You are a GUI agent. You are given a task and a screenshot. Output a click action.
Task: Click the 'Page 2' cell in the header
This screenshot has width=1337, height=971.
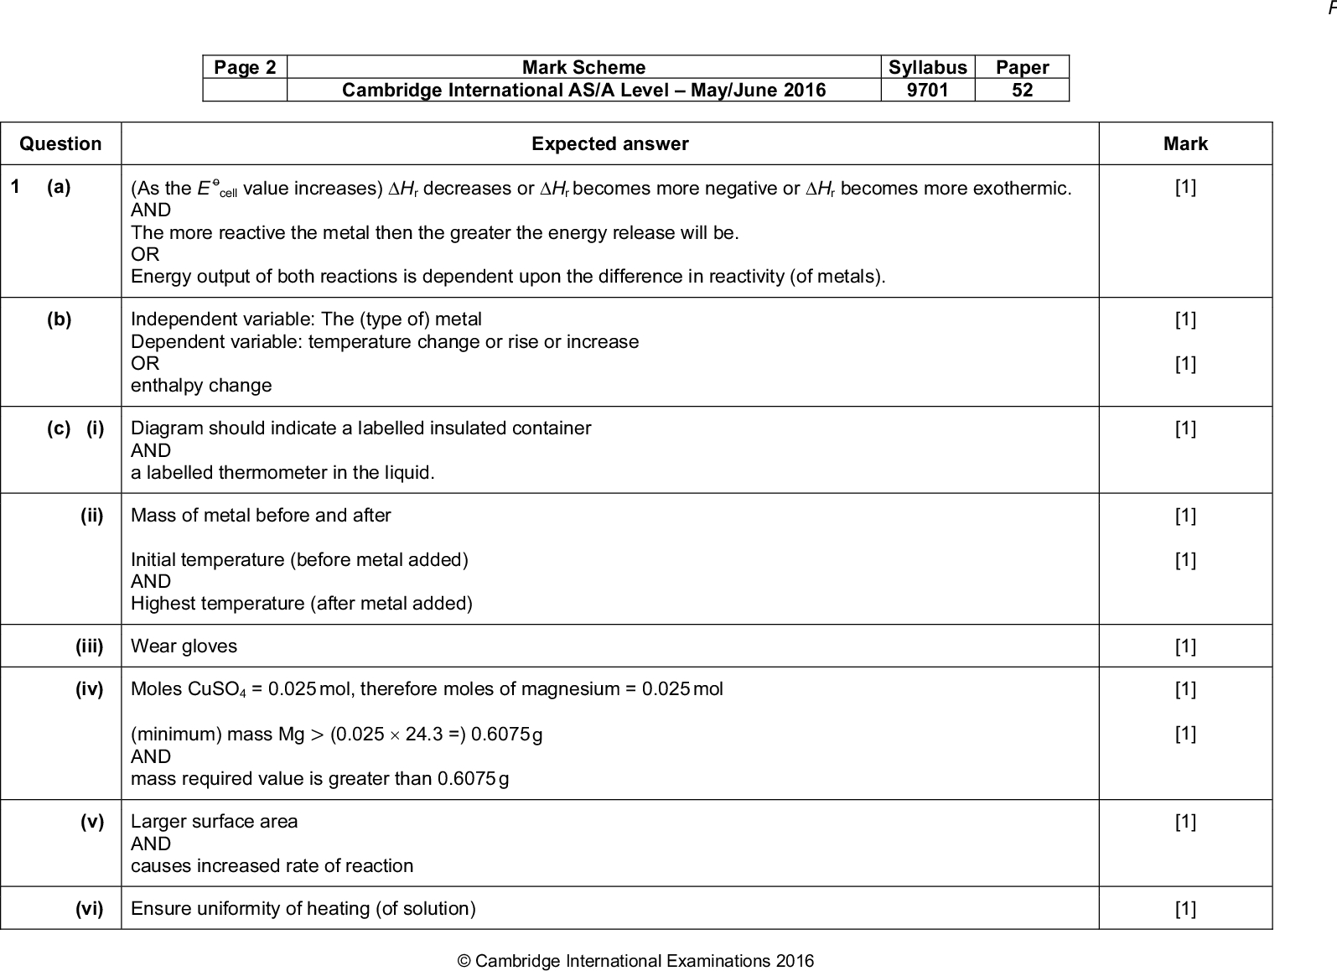tap(245, 68)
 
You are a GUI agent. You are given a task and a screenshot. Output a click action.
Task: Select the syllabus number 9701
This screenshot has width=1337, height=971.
tap(927, 90)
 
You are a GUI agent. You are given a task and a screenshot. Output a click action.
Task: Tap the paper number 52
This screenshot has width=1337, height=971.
tap(1022, 90)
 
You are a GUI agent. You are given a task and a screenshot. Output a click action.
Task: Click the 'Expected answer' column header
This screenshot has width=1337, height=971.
tap(609, 144)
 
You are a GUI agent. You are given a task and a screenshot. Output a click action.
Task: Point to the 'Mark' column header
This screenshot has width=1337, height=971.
tap(1185, 144)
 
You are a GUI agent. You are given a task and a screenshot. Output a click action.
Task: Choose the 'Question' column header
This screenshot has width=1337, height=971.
tap(60, 144)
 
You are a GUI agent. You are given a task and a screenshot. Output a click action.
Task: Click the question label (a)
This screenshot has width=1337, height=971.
tap(59, 187)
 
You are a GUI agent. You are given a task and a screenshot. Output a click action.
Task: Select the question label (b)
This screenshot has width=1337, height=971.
tap(59, 319)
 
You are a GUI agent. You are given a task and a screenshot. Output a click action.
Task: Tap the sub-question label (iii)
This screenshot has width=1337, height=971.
tap(89, 646)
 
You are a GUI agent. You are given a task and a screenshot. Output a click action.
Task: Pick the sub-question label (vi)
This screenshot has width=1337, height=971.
tap(89, 909)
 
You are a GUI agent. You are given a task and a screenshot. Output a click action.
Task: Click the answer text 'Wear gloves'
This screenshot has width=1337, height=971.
tap(184, 646)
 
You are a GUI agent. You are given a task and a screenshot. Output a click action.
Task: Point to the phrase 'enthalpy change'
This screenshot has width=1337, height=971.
tap(201, 386)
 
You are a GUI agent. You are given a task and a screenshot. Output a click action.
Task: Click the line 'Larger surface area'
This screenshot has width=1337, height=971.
tap(214, 822)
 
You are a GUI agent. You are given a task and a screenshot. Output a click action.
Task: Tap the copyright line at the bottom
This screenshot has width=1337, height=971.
tap(635, 961)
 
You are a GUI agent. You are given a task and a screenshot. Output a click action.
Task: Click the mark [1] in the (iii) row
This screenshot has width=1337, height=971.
tap(1185, 646)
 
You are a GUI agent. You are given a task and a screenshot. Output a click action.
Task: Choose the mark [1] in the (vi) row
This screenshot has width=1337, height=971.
tap(1185, 909)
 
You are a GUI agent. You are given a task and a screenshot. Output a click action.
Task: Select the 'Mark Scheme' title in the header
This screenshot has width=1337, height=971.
tap(583, 68)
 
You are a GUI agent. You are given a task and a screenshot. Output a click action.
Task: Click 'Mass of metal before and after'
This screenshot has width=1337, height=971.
tap(261, 516)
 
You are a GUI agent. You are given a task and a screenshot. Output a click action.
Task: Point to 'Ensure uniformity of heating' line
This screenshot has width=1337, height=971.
tap(303, 909)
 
